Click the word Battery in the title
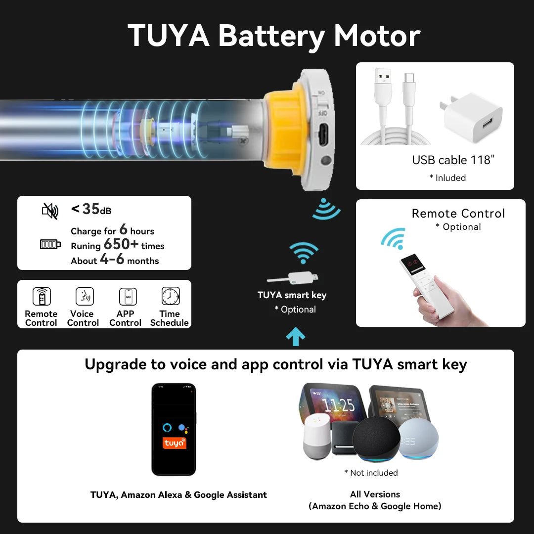(271, 36)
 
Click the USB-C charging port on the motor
(323, 135)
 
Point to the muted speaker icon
(50, 211)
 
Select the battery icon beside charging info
(50, 244)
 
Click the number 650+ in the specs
(121, 244)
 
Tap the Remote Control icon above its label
(42, 296)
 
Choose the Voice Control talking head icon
(85, 296)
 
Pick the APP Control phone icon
(128, 297)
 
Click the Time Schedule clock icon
(171, 296)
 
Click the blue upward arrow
(296, 337)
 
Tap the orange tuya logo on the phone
(175, 443)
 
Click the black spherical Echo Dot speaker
(376, 439)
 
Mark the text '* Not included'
(371, 473)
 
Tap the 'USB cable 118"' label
(453, 160)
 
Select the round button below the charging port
(326, 160)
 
